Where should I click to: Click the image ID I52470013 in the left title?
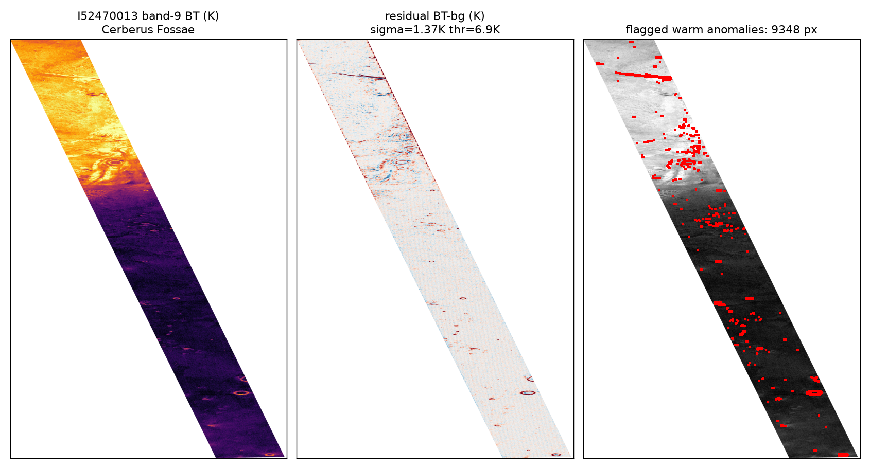coord(108,16)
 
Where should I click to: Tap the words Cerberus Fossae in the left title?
coord(148,30)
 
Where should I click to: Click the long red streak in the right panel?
coord(643,75)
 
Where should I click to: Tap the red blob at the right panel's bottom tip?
coord(843,455)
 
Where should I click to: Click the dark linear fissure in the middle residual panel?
coord(357,75)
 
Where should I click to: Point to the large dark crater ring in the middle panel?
coord(528,393)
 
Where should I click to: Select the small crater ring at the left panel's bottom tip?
coord(270,455)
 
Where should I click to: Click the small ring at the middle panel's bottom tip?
coord(556,455)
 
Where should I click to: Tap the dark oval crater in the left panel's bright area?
coord(115,162)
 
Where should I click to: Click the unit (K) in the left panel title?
coord(211,16)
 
